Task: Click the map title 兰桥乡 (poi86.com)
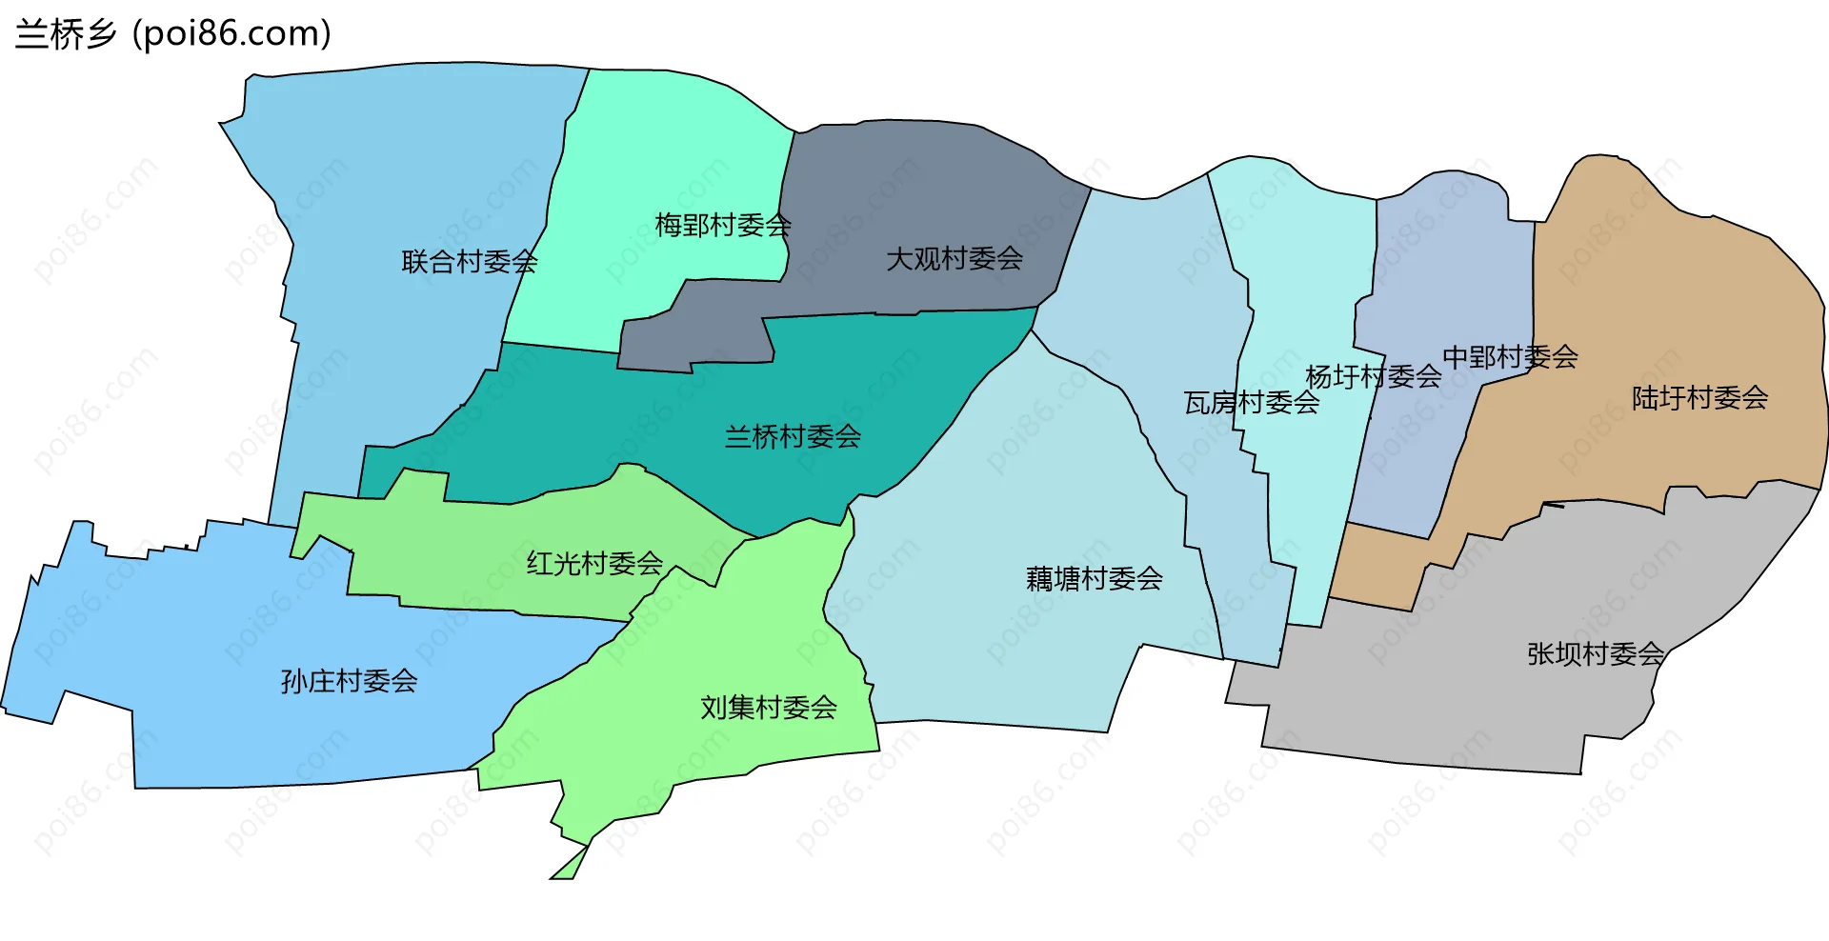[x=173, y=34]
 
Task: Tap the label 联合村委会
[x=469, y=262]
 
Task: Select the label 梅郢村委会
[x=722, y=226]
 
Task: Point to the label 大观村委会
[x=954, y=259]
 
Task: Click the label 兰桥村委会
[x=793, y=437]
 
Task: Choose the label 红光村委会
[x=594, y=564]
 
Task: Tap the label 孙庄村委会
[x=349, y=682]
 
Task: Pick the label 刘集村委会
[x=768, y=708]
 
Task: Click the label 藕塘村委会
[x=1094, y=579]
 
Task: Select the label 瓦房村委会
[x=1251, y=404]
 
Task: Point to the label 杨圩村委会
[x=1373, y=377]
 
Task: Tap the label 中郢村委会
[x=1510, y=357]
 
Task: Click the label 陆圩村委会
[x=1699, y=398]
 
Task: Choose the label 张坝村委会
[x=1595, y=654]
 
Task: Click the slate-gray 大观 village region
[x=914, y=190]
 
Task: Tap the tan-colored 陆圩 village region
[x=1677, y=305]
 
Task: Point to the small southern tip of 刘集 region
[x=569, y=866]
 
